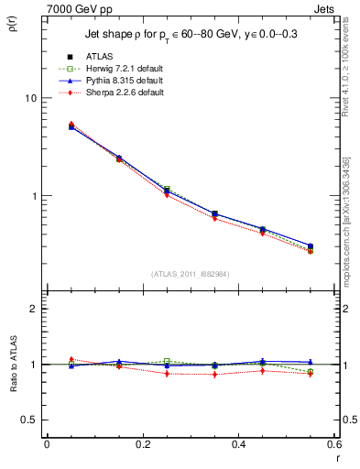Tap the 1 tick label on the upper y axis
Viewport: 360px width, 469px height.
[32, 196]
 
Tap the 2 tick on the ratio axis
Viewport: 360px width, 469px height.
[32, 310]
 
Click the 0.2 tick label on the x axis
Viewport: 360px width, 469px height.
[142, 444]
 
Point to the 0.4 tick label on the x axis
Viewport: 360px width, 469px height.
[238, 444]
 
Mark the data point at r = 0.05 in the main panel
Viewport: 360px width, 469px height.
[71, 126]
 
